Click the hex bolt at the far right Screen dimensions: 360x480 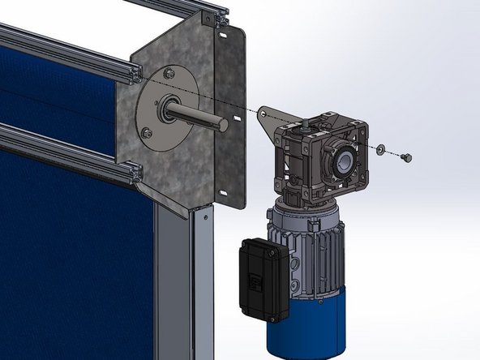406,156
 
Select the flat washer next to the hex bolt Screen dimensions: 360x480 380,149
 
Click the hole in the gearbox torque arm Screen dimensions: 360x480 264,117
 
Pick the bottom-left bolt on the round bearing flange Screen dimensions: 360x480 147,132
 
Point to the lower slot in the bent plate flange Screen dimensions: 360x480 221,193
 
